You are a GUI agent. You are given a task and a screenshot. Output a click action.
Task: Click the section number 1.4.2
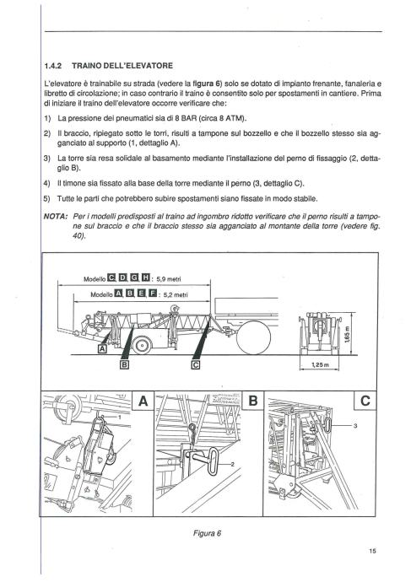52,66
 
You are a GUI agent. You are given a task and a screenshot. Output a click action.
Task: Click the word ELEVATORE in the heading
146,66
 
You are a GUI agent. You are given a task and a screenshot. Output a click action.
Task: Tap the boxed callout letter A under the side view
102,348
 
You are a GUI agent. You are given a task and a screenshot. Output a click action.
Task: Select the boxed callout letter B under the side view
125,364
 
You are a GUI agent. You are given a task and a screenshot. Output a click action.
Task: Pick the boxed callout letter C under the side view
196,364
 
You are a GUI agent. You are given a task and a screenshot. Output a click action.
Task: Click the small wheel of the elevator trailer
142,345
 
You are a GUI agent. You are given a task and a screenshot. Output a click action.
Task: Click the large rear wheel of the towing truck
254,337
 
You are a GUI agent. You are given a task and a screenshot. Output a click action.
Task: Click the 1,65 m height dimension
346,334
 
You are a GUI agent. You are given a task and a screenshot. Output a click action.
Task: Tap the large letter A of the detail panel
143,401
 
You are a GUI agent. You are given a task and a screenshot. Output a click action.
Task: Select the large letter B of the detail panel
252,401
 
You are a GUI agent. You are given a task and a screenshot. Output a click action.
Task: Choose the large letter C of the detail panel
365,401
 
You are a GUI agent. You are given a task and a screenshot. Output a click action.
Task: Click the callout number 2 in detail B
232,464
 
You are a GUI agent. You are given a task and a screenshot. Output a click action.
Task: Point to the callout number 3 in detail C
355,426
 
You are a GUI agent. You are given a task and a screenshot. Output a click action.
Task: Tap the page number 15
372,551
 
